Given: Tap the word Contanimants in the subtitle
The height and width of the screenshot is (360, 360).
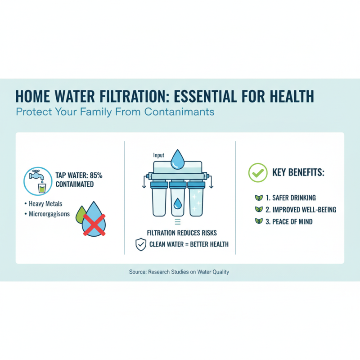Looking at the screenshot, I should pos(179,112).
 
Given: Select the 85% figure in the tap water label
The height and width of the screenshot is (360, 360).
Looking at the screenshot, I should pos(99,175).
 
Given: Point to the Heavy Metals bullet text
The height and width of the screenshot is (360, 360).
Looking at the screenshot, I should pos(46,204).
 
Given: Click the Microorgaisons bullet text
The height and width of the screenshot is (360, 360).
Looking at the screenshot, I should pos(49,214).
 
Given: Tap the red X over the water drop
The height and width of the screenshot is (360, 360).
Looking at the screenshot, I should pos(94,225).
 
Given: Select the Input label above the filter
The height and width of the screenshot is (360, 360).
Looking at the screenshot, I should pos(159,155).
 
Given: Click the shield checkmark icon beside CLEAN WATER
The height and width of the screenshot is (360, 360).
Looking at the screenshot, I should pos(141,244).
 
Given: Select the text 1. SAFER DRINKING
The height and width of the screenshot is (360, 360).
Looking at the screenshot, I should pos(291,198).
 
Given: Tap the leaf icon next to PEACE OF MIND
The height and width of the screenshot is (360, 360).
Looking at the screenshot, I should pos(258,221).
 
